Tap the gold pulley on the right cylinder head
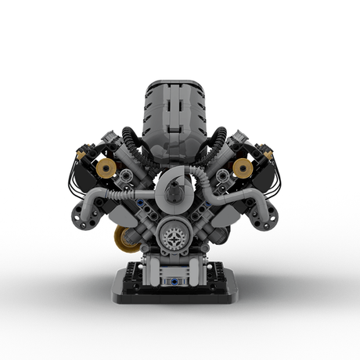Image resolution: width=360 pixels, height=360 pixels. (243, 167)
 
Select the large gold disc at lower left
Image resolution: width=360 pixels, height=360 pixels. (124, 239)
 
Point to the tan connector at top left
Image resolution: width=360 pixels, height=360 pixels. (81, 155)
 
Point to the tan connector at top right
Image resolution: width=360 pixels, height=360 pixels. (268, 155)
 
